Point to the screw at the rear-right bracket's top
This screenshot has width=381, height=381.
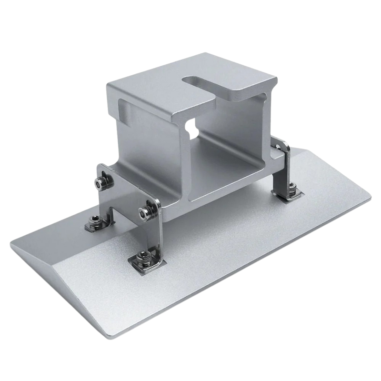click(x=282, y=150)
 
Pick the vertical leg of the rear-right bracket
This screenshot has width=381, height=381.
click(x=281, y=171)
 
